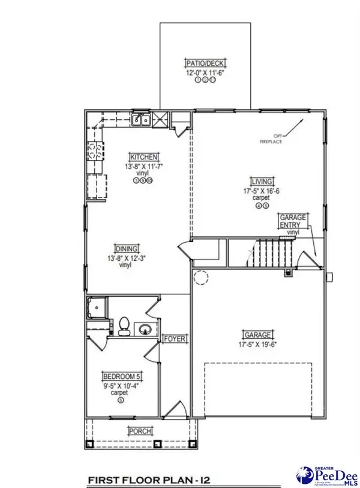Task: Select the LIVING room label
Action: [x=262, y=181]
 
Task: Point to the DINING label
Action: [x=128, y=249]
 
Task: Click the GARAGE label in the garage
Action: [x=257, y=335]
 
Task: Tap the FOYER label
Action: [x=175, y=339]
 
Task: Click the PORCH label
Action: [x=139, y=431]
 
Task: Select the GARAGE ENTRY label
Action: [x=293, y=220]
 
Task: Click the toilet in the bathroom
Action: [x=124, y=326]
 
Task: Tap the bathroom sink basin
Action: [x=145, y=329]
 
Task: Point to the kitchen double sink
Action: [x=141, y=120]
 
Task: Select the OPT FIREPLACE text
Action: [x=270, y=138]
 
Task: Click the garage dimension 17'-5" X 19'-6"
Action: [x=257, y=344]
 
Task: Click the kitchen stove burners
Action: [x=94, y=150]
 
